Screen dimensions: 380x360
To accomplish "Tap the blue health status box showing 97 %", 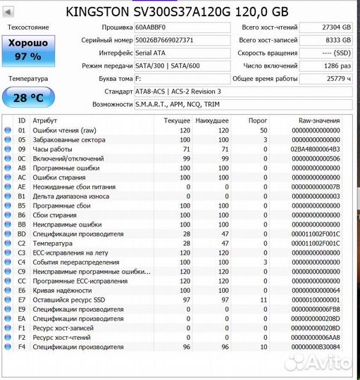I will click(x=27, y=49).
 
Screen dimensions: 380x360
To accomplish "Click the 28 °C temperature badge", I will click(x=27, y=98).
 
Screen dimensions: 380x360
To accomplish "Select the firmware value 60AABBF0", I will click(x=182, y=27).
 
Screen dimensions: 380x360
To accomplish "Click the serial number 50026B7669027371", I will click(x=182, y=41).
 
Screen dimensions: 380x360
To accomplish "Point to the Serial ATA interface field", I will click(x=182, y=53).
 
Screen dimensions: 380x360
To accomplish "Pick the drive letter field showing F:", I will click(x=182, y=79).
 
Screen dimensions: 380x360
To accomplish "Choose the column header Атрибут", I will click(x=45, y=121).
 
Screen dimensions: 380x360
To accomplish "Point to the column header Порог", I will click(x=258, y=121).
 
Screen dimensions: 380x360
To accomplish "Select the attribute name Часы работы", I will click(x=52, y=150).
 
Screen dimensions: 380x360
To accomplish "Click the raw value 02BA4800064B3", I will click(x=314, y=150).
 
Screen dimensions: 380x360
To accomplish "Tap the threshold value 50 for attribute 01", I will click(x=262, y=131).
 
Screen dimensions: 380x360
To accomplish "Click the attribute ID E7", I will click(x=22, y=300).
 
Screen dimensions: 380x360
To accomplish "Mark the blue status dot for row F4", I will click(x=8, y=346).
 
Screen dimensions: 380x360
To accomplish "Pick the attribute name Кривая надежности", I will click(x=63, y=290).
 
